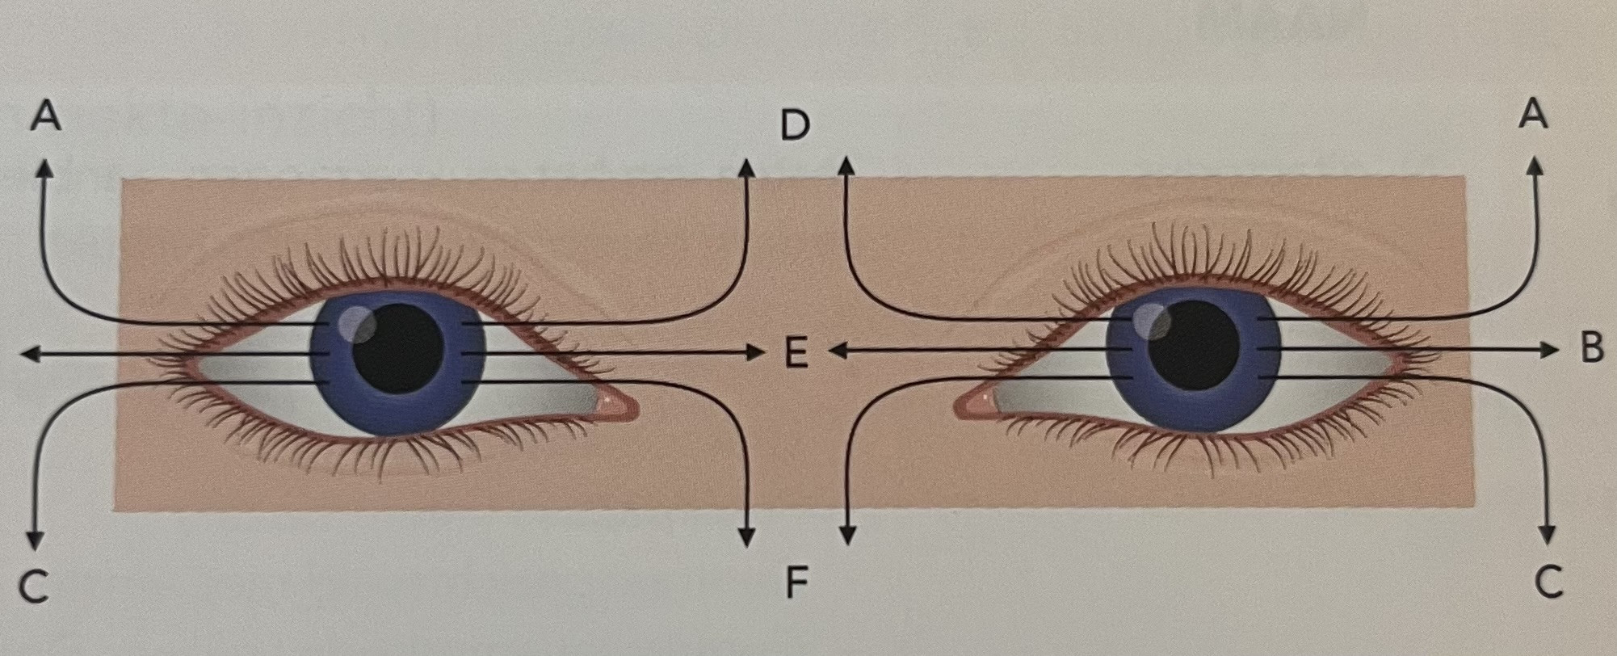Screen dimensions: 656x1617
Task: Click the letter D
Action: click(x=795, y=125)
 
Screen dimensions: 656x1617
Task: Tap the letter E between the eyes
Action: click(x=796, y=354)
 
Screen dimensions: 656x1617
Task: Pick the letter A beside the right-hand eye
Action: click(x=1533, y=114)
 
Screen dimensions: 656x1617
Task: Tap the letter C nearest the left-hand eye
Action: click(x=33, y=587)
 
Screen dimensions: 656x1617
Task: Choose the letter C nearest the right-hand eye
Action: click(x=1548, y=582)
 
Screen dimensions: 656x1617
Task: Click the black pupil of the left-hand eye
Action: click(x=399, y=349)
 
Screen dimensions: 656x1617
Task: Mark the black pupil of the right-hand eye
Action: click(x=1194, y=347)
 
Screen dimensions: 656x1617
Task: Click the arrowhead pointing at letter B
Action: click(x=1548, y=349)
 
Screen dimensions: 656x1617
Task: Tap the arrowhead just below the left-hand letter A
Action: click(x=44, y=167)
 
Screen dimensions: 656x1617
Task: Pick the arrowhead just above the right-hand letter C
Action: click(x=1547, y=535)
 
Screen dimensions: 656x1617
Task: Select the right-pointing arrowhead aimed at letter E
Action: click(x=754, y=352)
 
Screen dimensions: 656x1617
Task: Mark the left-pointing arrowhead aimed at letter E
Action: click(x=837, y=351)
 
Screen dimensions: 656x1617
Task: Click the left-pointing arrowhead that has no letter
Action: click(x=29, y=354)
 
